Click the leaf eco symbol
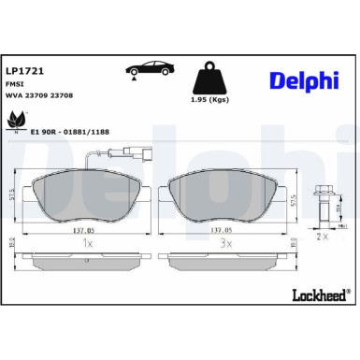click(x=17, y=120)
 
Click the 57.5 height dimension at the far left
click(x=13, y=194)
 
